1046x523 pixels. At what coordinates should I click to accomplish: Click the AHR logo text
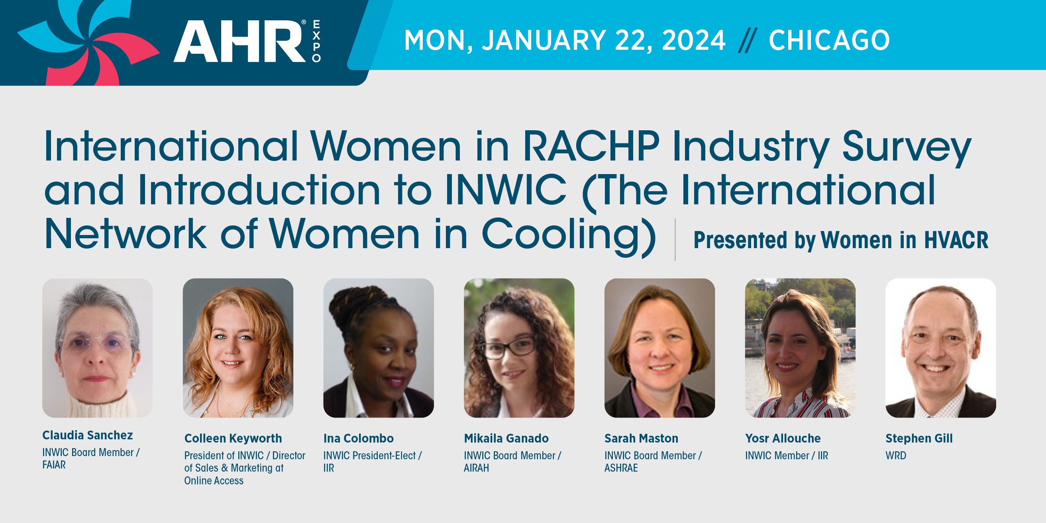[240, 41]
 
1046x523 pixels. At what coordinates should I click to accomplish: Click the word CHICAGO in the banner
[829, 40]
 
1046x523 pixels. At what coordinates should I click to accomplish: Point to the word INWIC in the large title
[506, 190]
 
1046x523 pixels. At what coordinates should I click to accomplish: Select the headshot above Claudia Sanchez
[98, 348]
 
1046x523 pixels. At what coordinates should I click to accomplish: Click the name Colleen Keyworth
[233, 439]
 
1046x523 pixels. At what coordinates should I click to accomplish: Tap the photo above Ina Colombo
[379, 348]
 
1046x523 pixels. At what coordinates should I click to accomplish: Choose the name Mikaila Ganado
[506, 439]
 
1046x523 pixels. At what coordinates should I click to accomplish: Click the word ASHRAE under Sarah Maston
[621, 468]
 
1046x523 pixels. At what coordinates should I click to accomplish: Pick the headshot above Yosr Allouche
[800, 348]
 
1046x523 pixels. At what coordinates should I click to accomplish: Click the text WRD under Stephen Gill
[896, 456]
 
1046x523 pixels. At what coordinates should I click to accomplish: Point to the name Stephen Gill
[919, 439]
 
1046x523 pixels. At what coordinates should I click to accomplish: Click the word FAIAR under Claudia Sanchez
[54, 465]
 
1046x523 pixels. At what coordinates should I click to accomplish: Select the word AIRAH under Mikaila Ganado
[476, 468]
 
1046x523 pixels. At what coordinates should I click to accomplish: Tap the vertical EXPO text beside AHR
[316, 41]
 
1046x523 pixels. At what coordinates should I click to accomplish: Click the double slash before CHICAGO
[747, 40]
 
